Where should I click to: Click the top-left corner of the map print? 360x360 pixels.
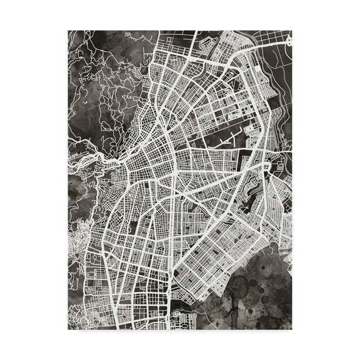pyautogui.click(x=68, y=30)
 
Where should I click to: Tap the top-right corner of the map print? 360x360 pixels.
pyautogui.click(x=292, y=30)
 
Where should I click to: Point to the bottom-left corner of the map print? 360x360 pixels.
pyautogui.click(x=68, y=329)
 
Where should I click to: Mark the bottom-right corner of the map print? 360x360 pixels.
pyautogui.click(x=292, y=329)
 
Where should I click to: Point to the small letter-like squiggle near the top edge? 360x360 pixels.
pyautogui.click(x=129, y=36)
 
